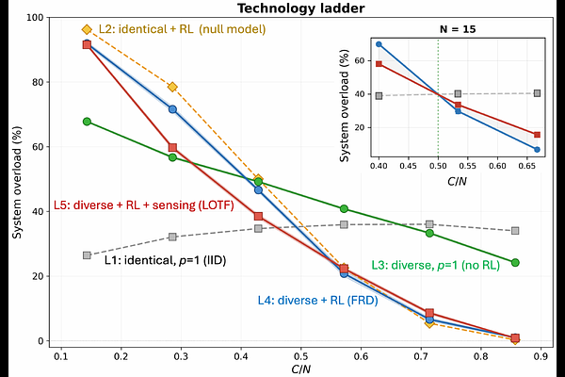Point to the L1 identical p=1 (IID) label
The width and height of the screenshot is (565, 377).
[x=158, y=258]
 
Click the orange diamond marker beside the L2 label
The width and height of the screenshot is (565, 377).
[x=87, y=30]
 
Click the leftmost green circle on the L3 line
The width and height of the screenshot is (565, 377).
[x=87, y=122]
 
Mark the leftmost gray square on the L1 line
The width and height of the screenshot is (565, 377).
[x=87, y=255]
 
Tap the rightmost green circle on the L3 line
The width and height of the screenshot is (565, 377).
[x=515, y=262]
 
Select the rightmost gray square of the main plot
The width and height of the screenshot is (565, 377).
[x=515, y=231]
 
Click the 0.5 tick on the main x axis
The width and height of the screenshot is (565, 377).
[x=300, y=358]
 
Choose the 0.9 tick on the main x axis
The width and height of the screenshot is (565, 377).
[x=541, y=358]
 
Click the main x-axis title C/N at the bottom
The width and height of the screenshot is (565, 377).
[x=300, y=371]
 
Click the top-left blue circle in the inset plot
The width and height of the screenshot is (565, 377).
[x=379, y=44]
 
